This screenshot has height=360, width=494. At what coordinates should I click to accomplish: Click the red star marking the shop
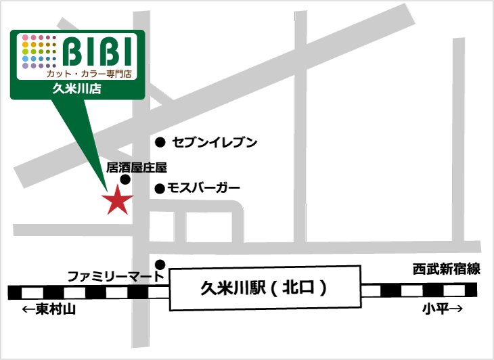(x=117, y=200)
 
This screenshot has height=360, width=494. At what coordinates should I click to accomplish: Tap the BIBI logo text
(x=102, y=51)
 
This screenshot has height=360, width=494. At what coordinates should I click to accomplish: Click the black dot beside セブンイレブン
(x=160, y=142)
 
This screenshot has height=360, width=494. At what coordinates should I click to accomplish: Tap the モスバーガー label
(x=203, y=189)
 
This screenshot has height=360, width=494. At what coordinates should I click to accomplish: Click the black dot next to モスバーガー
(x=160, y=189)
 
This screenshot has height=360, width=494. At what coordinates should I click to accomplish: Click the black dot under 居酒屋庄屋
(x=125, y=179)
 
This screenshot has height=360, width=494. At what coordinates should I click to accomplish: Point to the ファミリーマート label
(x=115, y=276)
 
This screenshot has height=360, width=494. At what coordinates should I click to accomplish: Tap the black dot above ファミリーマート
(x=160, y=264)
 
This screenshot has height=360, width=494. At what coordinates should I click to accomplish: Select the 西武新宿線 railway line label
(x=447, y=269)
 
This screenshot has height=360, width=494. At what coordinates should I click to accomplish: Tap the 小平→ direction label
(x=443, y=309)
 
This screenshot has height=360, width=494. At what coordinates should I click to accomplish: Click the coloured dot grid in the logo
(x=39, y=51)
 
